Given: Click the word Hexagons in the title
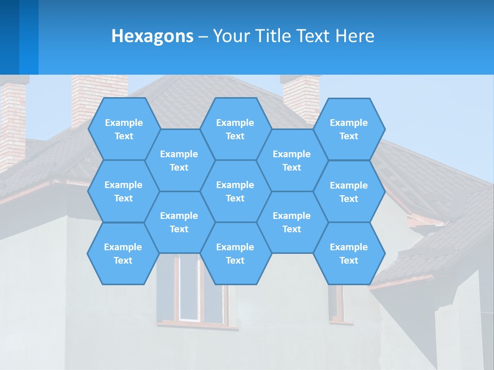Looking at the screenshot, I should point(153,36).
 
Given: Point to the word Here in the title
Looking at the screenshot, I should point(355,36).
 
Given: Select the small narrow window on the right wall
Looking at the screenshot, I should point(338,303).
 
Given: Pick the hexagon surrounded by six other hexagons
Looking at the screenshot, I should point(235,191).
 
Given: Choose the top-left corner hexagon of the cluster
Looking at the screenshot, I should point(123,129).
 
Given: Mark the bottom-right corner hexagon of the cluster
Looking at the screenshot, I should point(349,253).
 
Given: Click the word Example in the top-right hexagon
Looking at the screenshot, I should point(349,123).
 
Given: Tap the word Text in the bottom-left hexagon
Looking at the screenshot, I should point(123,261).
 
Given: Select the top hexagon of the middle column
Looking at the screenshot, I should point(235,129).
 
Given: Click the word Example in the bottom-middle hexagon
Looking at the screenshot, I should point(235,247).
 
